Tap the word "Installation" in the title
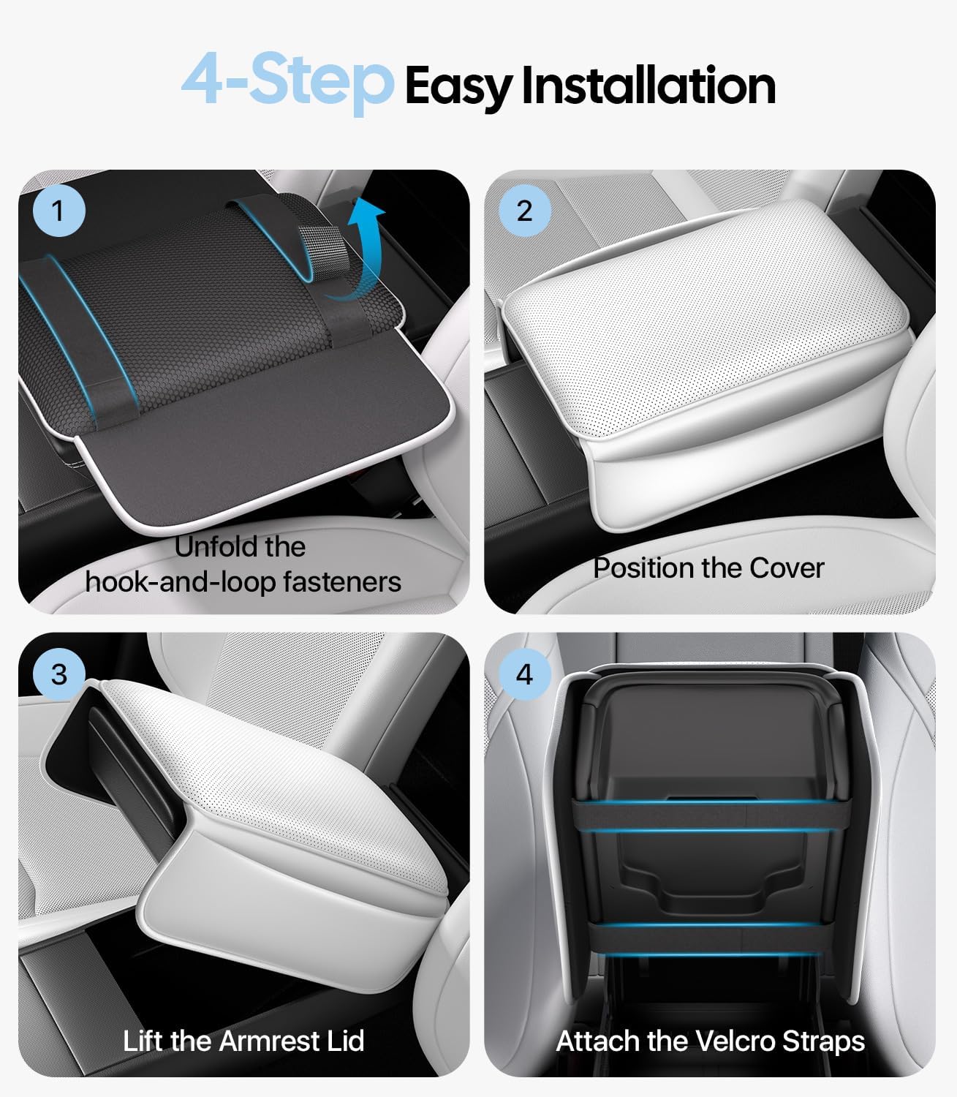coord(648,86)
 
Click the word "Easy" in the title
coord(459,88)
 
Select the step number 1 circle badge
coord(59,212)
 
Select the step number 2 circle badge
coord(524,211)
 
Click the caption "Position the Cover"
coord(708,568)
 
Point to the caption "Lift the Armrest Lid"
coord(243,1041)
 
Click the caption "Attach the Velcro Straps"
coord(710,1041)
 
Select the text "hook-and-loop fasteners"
coord(243,582)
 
